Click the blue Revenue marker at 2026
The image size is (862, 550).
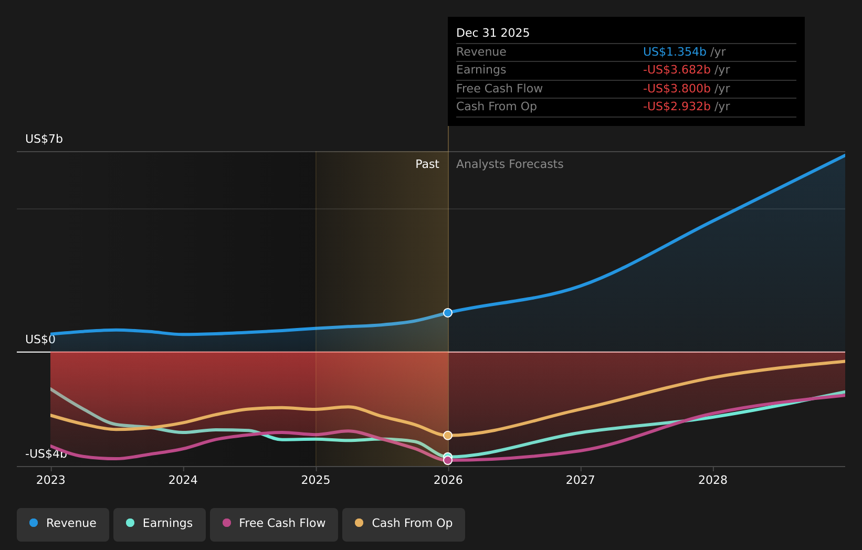point(448,313)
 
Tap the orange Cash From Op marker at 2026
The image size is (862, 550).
point(448,436)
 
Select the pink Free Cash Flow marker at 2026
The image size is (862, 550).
point(448,460)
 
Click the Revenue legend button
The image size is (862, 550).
point(63,523)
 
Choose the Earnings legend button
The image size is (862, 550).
point(160,523)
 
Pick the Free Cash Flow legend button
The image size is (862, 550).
point(274,523)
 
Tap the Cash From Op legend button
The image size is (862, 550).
point(404,523)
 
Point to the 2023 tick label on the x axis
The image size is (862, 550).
point(51,480)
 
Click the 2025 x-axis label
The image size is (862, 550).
point(316,480)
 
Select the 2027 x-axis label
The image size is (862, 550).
point(581,480)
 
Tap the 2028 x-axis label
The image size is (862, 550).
point(713,480)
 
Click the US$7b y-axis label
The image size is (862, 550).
point(44,139)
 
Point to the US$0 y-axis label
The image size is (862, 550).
point(40,340)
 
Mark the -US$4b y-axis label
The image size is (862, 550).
point(46,454)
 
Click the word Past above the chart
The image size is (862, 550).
point(427,164)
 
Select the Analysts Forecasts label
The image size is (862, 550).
point(510,164)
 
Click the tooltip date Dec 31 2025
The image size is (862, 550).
point(493,33)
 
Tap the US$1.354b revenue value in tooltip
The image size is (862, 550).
point(675,52)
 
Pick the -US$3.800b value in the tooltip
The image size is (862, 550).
point(677,89)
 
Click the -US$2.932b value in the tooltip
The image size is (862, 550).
point(677,107)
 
